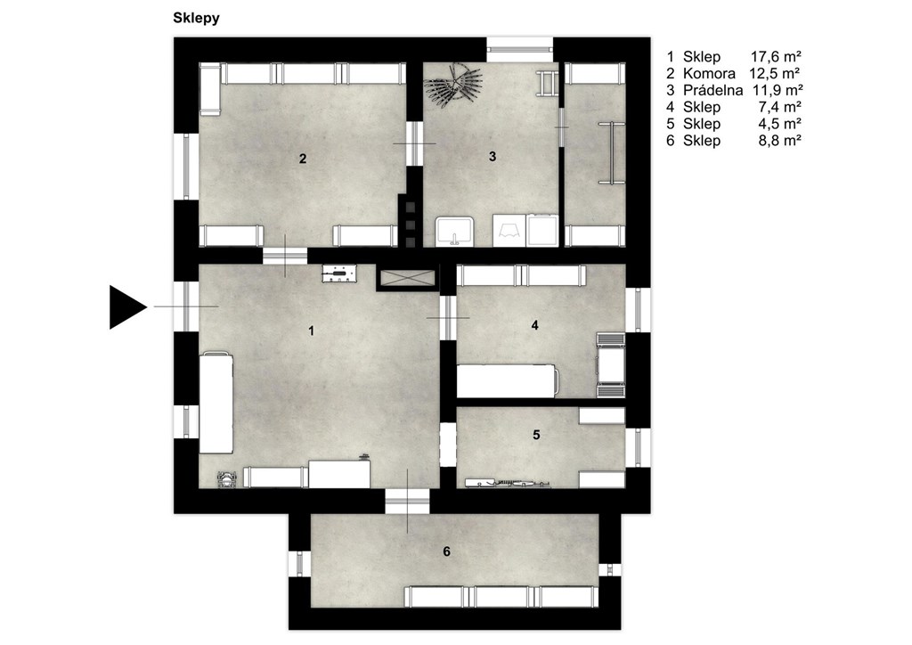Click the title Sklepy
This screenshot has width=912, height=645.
[x=196, y=18]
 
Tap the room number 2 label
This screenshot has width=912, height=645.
[x=303, y=159]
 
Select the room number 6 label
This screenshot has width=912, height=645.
[x=447, y=551]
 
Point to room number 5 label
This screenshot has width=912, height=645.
[x=536, y=435]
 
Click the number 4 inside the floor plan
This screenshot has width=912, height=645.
[x=535, y=325]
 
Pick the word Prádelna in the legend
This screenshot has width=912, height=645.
[x=713, y=90]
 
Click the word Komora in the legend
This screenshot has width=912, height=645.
[x=709, y=73]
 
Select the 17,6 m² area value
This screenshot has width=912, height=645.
[x=776, y=56]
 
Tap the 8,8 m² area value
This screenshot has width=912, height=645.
[x=780, y=140]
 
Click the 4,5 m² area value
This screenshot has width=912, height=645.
[x=780, y=123]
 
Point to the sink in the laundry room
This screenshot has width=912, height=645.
[x=455, y=232]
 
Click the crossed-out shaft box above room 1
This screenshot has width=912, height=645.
[x=407, y=277]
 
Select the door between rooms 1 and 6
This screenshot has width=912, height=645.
[x=407, y=502]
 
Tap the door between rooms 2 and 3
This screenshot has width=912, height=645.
[x=414, y=143]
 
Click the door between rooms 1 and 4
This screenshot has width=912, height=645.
[x=448, y=317]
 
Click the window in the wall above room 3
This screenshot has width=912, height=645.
[x=519, y=49]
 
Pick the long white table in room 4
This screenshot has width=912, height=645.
[x=507, y=381]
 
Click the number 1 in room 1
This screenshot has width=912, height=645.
[x=311, y=331]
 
